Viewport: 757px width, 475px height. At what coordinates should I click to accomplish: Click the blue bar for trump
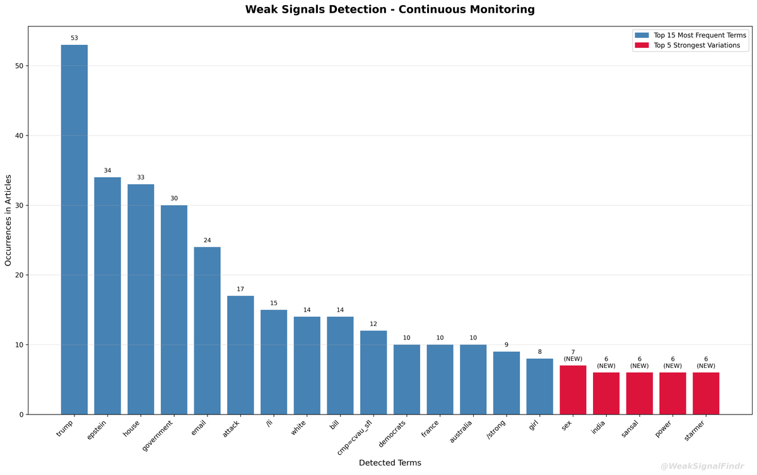pyautogui.click(x=74, y=230)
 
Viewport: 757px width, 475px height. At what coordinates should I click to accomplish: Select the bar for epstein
pyautogui.click(x=107, y=296)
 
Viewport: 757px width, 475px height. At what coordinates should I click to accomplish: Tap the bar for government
pyautogui.click(x=173, y=310)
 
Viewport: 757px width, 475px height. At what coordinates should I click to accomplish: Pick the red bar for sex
pyautogui.click(x=573, y=390)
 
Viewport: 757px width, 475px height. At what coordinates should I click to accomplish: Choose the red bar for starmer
pyautogui.click(x=706, y=394)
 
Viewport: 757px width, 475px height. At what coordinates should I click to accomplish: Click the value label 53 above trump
pyautogui.click(x=74, y=38)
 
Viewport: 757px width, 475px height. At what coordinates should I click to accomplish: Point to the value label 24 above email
pyautogui.click(x=207, y=240)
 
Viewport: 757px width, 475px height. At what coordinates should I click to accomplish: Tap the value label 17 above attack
pyautogui.click(x=240, y=289)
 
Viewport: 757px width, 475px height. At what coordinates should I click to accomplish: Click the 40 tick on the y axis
pyautogui.click(x=19, y=136)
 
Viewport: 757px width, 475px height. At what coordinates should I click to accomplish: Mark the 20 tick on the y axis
pyautogui.click(x=19, y=275)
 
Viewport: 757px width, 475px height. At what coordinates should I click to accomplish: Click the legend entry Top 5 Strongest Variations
pyautogui.click(x=696, y=45)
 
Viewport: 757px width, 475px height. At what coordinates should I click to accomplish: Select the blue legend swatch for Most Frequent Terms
pyautogui.click(x=642, y=35)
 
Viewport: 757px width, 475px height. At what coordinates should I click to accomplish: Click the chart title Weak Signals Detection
pyautogui.click(x=390, y=9)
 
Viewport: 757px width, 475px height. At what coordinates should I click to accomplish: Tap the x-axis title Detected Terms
pyautogui.click(x=390, y=463)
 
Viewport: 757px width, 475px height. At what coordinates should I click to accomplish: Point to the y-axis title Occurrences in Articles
pyautogui.click(x=9, y=220)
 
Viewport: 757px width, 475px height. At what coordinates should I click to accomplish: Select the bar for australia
pyautogui.click(x=473, y=379)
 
